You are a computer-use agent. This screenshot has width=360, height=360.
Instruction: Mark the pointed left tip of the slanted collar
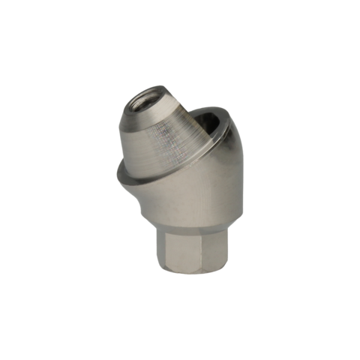click(x=117, y=175)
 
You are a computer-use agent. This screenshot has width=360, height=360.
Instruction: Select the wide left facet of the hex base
click(x=174, y=247)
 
